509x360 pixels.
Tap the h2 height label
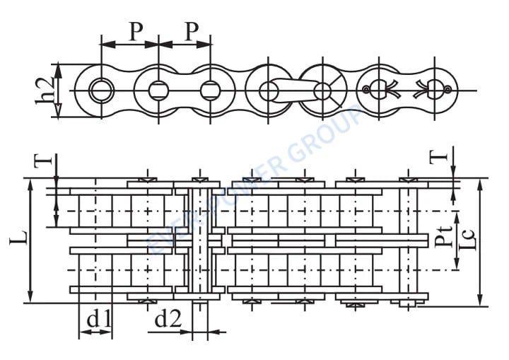coord(45,91)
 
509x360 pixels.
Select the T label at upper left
coord(44,159)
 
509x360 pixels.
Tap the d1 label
coord(98,320)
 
